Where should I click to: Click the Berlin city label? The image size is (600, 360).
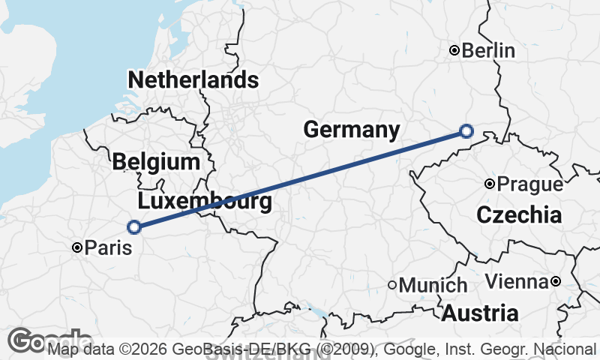(x=488, y=51)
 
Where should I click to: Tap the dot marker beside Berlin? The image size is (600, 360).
(x=454, y=50)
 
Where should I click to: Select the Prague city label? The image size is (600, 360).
(x=529, y=184)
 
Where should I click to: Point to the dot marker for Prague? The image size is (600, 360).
(x=489, y=183)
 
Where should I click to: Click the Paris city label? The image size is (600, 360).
(x=107, y=247)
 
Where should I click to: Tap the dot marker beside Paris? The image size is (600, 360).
(x=76, y=247)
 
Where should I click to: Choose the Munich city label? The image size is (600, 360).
(x=433, y=285)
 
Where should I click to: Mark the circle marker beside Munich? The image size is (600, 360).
(x=391, y=284)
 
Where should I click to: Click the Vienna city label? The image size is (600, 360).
(x=517, y=282)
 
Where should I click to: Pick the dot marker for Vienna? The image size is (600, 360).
(x=555, y=281)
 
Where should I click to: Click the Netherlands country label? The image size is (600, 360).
(x=193, y=80)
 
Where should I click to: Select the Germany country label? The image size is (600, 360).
(x=351, y=129)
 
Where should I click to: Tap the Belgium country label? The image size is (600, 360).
(x=156, y=161)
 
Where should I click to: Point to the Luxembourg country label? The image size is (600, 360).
(x=204, y=201)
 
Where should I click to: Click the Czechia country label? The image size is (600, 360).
(x=518, y=215)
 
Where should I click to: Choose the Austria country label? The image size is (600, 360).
(x=479, y=313)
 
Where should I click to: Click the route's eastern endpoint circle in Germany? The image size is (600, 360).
(x=466, y=131)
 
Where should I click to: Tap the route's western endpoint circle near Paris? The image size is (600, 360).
(x=133, y=226)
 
